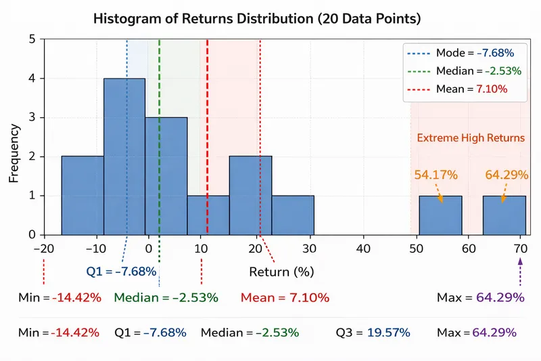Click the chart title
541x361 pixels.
point(256,18)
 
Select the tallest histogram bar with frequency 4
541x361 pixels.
point(124,156)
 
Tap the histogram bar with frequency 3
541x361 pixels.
point(166,176)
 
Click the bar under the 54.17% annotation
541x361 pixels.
point(440,215)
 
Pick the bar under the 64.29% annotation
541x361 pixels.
point(504,215)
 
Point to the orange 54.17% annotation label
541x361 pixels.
point(436,175)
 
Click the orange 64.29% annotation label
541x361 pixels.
point(507,175)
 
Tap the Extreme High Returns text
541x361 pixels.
point(471,137)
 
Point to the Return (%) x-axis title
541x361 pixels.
point(282,272)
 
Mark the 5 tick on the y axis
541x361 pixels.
point(32,39)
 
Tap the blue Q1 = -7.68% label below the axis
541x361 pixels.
point(122,272)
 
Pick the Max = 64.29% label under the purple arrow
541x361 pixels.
point(481,297)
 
